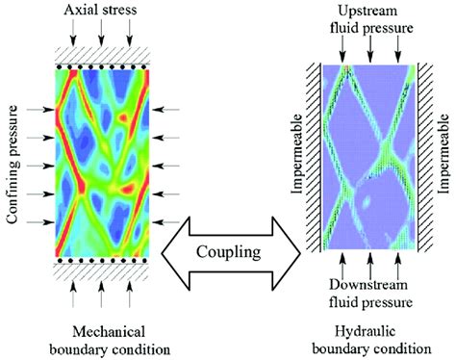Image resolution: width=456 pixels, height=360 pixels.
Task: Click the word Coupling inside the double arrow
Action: coord(228,253)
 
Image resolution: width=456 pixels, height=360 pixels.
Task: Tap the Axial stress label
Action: coord(100,10)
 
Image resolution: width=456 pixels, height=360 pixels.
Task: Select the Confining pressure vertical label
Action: coord(13,165)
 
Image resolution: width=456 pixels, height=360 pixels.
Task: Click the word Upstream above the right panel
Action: coord(367,11)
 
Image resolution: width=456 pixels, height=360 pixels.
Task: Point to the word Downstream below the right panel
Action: coord(368,285)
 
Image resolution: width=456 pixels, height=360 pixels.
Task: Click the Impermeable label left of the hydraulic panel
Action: coord(297,154)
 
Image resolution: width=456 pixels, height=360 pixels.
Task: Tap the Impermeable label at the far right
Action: coord(443,153)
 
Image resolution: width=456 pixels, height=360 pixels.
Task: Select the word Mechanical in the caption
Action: coord(109,332)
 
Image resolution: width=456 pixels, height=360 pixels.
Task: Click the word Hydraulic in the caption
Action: coord(365,332)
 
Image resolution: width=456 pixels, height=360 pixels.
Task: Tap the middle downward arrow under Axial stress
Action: coord(101,33)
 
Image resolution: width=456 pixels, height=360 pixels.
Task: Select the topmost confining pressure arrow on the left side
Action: coord(41,110)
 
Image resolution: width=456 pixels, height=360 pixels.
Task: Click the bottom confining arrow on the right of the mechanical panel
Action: coord(165,222)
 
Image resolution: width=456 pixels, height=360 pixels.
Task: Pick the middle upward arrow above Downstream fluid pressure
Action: coord(370,267)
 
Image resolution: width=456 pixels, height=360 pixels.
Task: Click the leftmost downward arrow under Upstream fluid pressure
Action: coord(342,49)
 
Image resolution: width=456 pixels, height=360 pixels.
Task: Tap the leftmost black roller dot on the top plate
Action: coord(60,67)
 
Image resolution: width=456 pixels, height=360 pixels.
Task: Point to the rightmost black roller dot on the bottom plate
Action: coord(145,261)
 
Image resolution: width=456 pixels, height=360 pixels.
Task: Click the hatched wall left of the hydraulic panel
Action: coord(314,157)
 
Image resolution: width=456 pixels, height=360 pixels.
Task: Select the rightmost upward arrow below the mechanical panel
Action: coord(130,295)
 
